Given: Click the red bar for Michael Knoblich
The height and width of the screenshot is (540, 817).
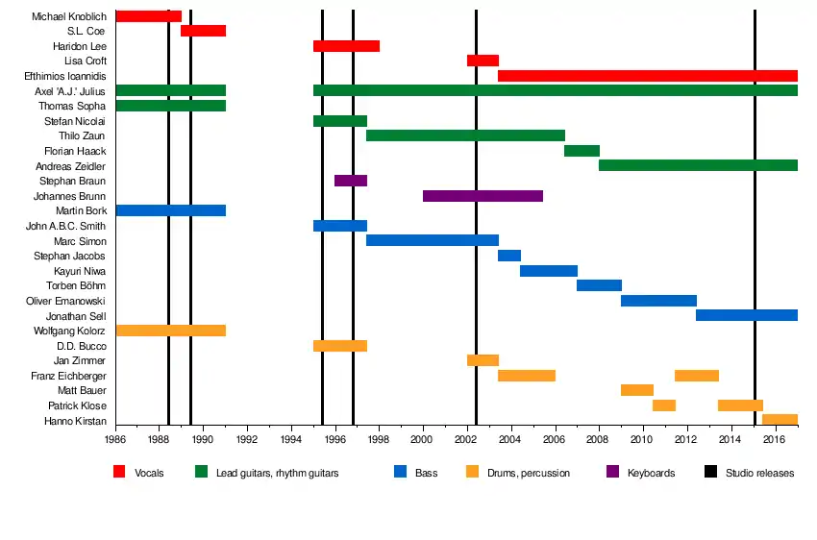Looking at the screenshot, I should click(148, 16).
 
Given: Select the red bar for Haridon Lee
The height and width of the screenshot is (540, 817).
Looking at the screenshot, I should click(346, 46).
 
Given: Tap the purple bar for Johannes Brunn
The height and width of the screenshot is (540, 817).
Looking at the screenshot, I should click(483, 196).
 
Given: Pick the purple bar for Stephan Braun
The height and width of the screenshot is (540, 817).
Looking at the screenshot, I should click(351, 181).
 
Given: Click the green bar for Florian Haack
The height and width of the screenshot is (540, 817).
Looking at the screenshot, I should click(582, 151).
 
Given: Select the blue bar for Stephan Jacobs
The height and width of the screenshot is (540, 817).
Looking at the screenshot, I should click(509, 256).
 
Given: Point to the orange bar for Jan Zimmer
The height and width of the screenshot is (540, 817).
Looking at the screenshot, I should click(483, 360).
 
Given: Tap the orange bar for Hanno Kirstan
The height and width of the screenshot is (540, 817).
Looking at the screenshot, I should click(780, 420).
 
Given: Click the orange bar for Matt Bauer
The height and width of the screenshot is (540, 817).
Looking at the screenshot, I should click(637, 390).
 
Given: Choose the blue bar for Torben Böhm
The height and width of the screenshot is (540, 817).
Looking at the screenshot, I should click(599, 285).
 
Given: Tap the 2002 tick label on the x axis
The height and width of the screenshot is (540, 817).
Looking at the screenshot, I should click(468, 440).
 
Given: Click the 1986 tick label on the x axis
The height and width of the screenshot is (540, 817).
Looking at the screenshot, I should click(116, 440).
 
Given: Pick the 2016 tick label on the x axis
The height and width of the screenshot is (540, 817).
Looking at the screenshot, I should click(776, 440).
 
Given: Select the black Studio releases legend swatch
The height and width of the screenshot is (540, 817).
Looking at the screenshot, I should click(711, 472).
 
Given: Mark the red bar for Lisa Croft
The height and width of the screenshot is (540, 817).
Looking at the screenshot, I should click(483, 61).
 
